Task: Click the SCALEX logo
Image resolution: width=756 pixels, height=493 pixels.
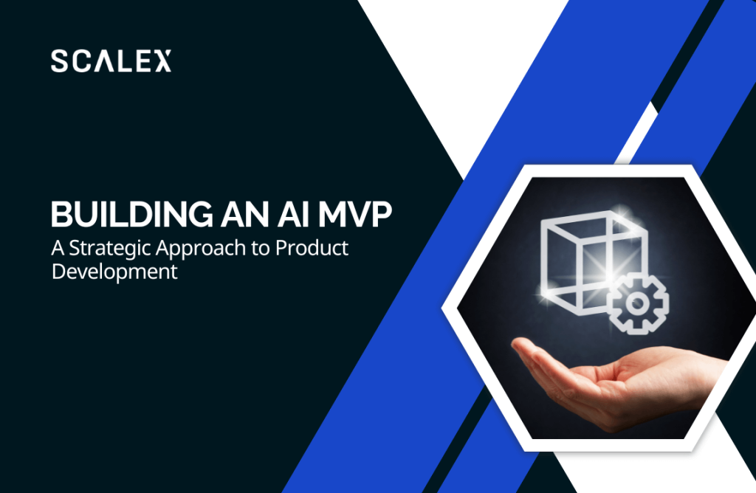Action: coord(111,61)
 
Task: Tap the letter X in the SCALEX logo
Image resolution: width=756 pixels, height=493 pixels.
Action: coord(162,61)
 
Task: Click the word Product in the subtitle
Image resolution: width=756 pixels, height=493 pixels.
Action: coord(312,248)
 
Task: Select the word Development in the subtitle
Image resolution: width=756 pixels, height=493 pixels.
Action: coord(114,272)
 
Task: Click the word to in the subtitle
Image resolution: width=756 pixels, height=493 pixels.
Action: coord(261,249)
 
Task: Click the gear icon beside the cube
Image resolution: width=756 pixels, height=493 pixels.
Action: coord(637,303)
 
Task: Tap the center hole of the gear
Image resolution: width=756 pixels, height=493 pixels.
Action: coord(638,303)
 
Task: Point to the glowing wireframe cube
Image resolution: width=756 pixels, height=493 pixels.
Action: coord(593,263)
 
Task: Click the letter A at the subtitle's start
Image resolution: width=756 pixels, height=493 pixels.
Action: coord(58,248)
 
